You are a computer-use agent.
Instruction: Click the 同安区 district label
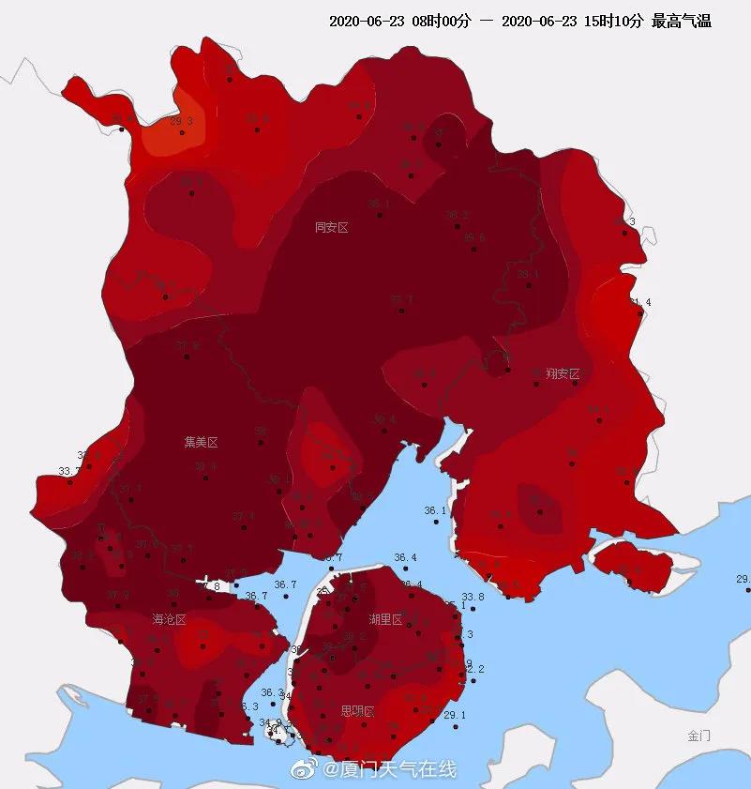click(x=331, y=227)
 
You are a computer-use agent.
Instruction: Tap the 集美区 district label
click(x=201, y=441)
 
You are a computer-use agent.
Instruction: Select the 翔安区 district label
click(x=563, y=373)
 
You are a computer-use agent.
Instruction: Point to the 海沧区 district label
click(x=170, y=620)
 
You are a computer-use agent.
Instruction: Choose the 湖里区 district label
click(x=385, y=620)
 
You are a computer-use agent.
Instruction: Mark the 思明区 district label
click(x=357, y=711)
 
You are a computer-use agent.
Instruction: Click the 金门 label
click(x=698, y=736)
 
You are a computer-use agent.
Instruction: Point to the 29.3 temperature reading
click(x=181, y=121)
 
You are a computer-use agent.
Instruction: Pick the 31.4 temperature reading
click(x=640, y=302)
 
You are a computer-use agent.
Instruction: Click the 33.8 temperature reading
click(x=473, y=597)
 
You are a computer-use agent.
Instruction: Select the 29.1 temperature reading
click(x=454, y=715)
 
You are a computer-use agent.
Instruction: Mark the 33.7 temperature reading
click(x=68, y=471)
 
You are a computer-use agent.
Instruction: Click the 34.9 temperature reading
click(x=269, y=721)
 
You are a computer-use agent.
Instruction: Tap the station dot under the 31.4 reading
click(x=640, y=313)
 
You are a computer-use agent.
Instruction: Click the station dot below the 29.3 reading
click(x=182, y=132)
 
